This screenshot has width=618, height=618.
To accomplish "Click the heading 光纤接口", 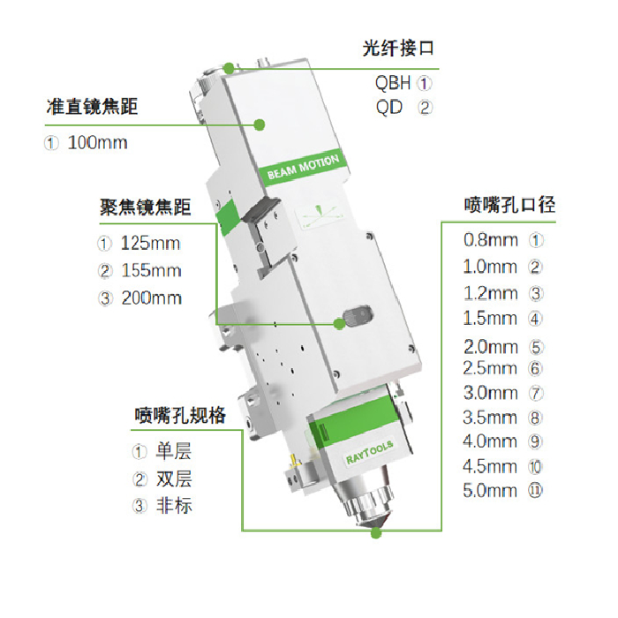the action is [x=398, y=49].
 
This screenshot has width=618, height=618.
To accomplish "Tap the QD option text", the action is [x=389, y=107].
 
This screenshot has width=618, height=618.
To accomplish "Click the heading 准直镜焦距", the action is [x=92, y=107].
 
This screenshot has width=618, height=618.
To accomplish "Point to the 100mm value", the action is [x=98, y=143].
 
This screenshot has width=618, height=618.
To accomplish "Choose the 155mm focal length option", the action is [x=151, y=271].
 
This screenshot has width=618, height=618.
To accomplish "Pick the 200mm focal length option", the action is [x=151, y=298].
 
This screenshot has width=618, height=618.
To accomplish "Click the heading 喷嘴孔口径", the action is [x=509, y=205].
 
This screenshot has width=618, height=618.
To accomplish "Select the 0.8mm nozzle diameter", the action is [x=491, y=240].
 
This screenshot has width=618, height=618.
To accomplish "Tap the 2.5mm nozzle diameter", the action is [x=490, y=368].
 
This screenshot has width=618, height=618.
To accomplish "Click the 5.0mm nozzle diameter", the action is [x=490, y=491].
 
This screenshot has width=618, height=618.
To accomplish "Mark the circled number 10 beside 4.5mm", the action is [x=535, y=467].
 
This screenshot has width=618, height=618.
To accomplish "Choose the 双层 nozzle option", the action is [x=174, y=479].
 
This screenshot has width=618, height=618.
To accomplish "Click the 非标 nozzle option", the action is [x=174, y=505].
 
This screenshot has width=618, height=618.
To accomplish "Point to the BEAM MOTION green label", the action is [x=303, y=167].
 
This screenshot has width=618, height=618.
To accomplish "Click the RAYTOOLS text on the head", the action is [x=369, y=452].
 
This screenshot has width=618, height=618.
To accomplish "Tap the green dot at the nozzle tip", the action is [x=376, y=533].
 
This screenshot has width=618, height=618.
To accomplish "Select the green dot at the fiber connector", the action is [x=229, y=68].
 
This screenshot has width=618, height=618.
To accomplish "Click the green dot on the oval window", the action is [x=339, y=324].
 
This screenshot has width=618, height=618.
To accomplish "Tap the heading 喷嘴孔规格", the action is [x=180, y=415].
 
